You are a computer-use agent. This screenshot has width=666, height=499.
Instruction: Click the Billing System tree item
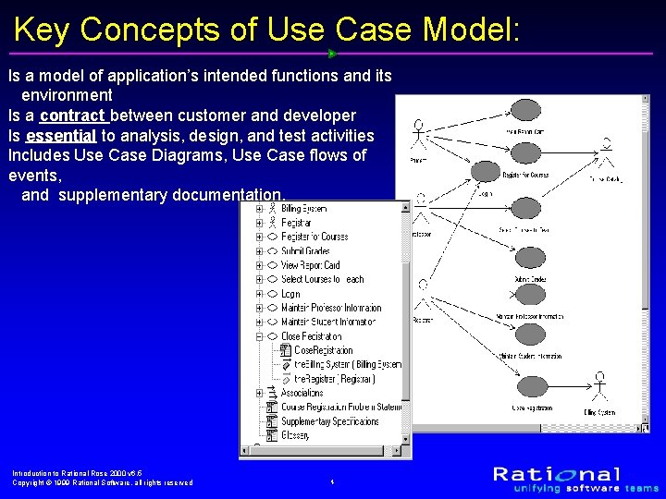tap(303, 209)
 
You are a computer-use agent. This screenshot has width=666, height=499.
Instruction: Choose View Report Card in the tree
tap(310, 265)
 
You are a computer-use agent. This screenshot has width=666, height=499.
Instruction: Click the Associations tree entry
tap(302, 393)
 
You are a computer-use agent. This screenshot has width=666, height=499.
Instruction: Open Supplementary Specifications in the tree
tap(329, 421)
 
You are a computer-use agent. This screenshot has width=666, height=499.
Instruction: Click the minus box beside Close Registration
tap(260, 336)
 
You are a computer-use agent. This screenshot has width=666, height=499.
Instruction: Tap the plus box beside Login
tap(260, 294)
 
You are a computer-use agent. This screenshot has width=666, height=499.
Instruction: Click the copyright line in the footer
tap(102, 482)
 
